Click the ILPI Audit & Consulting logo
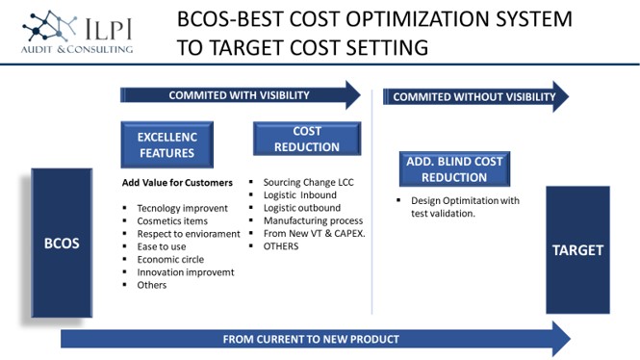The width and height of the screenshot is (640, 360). (78, 33)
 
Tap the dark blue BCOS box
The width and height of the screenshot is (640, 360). (62, 243)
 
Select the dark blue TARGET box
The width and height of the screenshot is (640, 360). (578, 250)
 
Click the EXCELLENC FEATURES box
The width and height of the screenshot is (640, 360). (166, 145)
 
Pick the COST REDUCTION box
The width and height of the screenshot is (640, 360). (307, 139)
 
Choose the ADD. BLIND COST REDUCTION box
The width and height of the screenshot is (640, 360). (454, 169)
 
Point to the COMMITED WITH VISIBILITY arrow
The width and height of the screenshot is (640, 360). (241, 95)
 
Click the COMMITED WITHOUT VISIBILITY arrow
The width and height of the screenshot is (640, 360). (475, 96)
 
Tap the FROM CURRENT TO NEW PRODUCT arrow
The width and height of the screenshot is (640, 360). (316, 339)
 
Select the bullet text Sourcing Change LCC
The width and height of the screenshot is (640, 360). (309, 182)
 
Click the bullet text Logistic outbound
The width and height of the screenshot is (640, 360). (302, 208)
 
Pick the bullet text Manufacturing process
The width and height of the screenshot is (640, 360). (313, 220)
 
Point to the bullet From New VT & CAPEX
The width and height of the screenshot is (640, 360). (315, 234)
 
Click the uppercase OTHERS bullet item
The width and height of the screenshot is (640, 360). (281, 246)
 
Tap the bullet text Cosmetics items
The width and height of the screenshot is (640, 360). (172, 220)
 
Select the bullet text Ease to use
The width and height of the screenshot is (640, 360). (162, 246)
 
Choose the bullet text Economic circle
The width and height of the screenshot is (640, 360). (170, 259)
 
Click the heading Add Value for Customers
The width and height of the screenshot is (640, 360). (177, 183)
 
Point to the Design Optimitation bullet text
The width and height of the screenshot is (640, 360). (465, 207)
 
